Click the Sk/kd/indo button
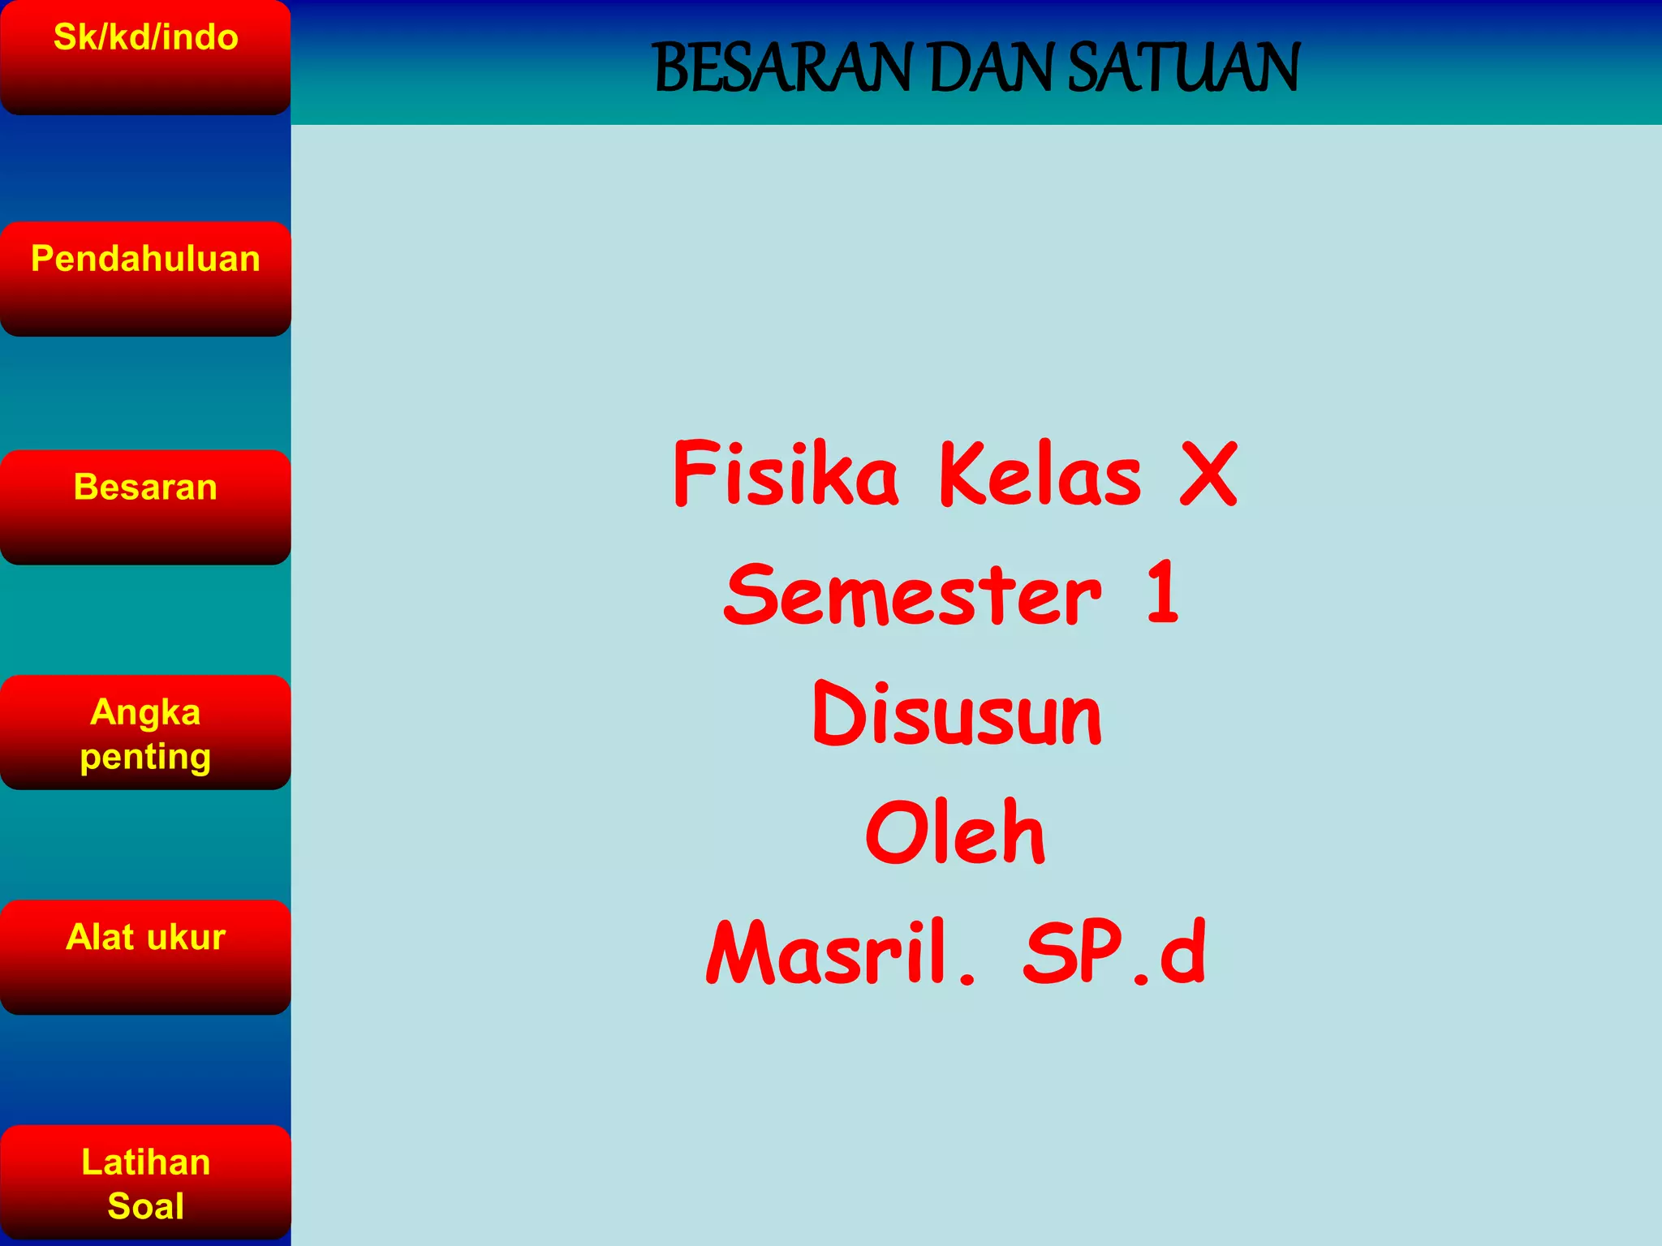tap(145, 57)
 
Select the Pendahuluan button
tap(145, 278)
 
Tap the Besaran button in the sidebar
tap(145, 506)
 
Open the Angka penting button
tap(145, 732)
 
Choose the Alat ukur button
tap(145, 956)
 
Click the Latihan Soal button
tap(145, 1182)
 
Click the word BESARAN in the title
tap(783, 68)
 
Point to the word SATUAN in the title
tap(1183, 68)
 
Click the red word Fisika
tap(786, 474)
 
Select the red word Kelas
tap(1040, 475)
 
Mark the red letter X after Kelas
tap(1208, 475)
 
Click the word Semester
tap(913, 595)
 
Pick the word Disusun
tap(958, 714)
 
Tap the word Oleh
tap(956, 832)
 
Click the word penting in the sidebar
tap(145, 757)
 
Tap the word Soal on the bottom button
tap(145, 1205)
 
